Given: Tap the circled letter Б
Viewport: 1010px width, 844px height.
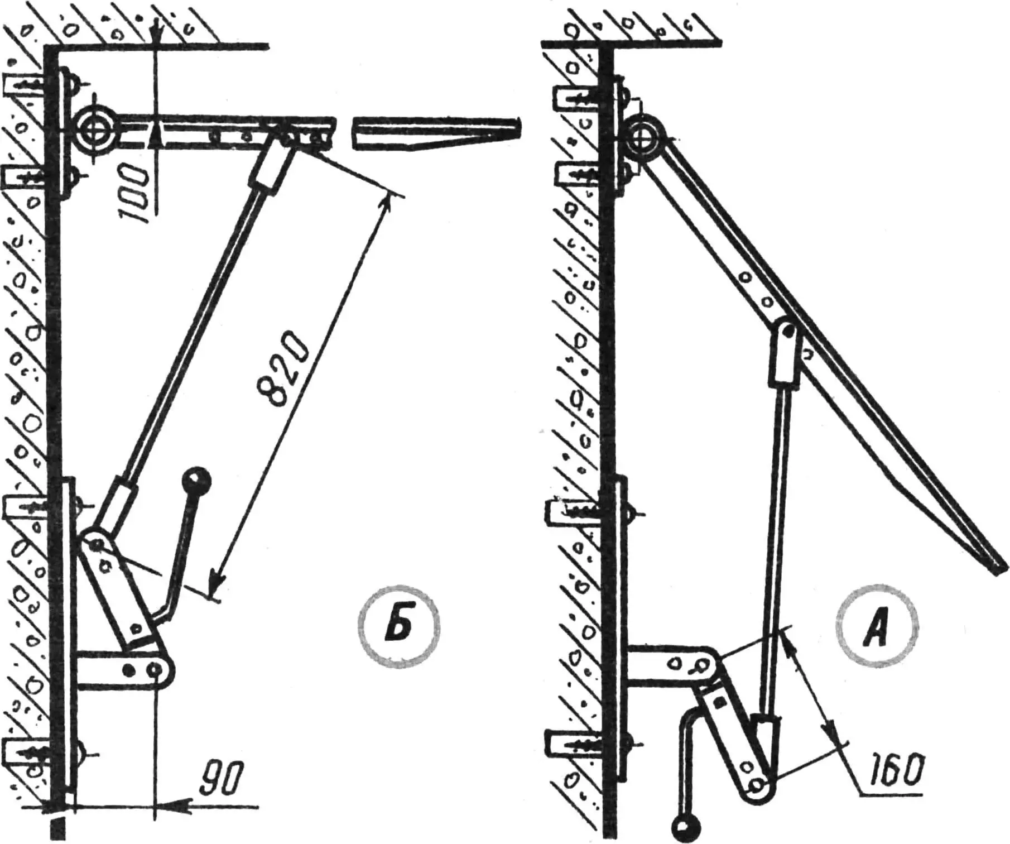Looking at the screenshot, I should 398,626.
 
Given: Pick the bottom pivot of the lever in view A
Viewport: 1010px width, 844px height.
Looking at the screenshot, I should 757,785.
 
